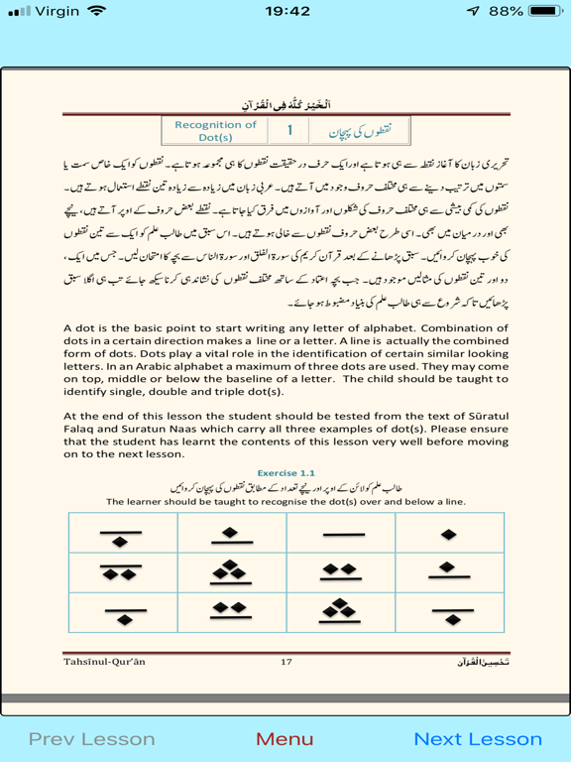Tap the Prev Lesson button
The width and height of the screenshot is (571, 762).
[91, 738]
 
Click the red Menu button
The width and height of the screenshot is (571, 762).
[285, 738]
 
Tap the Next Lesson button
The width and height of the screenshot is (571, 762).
[478, 738]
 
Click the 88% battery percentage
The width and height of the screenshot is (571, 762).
[506, 12]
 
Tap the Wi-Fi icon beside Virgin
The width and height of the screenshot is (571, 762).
[96, 12]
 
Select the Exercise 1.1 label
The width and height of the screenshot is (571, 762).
[285, 473]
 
